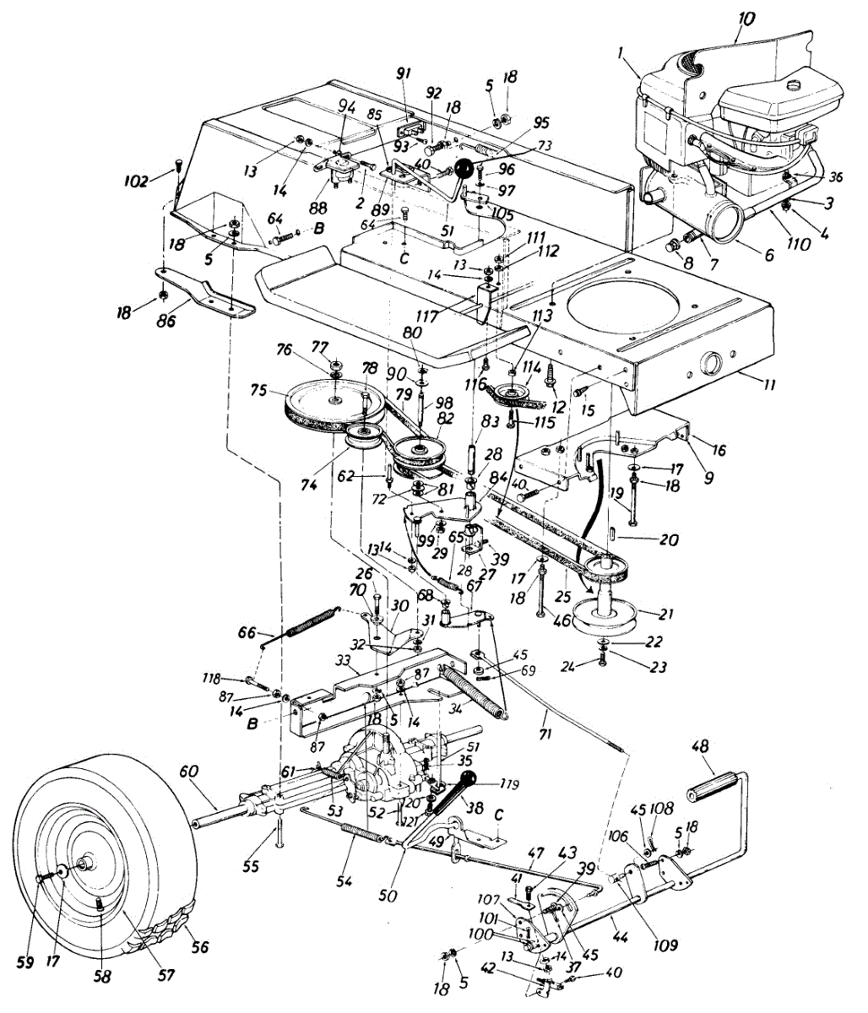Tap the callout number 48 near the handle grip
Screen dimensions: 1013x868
(x=699, y=748)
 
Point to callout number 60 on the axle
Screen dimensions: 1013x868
(x=187, y=771)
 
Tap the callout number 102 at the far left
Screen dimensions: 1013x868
(x=135, y=181)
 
